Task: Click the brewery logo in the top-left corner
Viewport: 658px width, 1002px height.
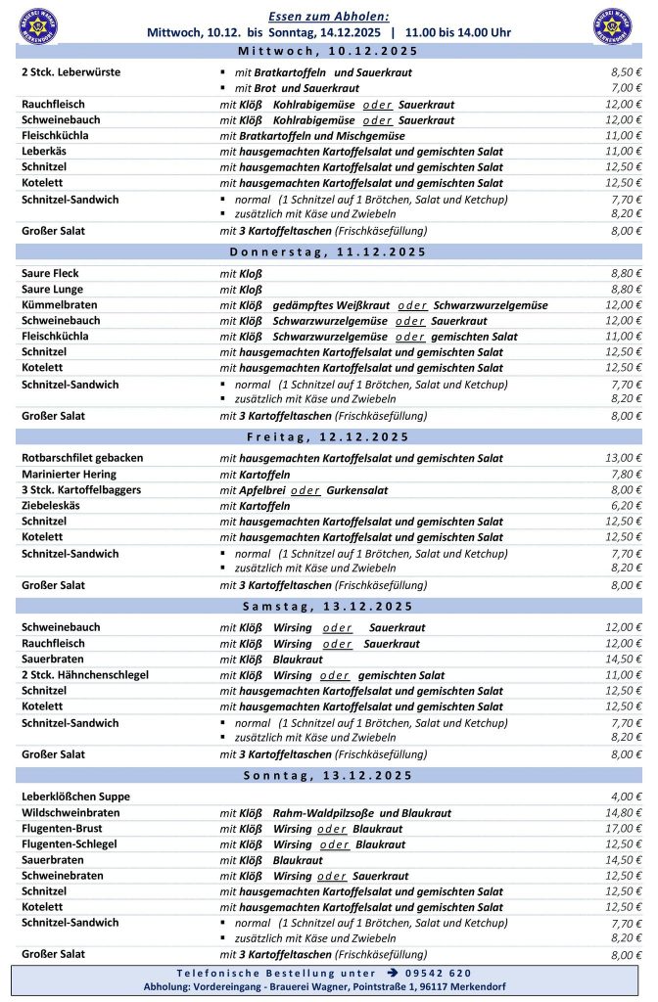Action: tap(38, 25)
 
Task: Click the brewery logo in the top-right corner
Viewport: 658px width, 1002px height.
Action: tap(613, 25)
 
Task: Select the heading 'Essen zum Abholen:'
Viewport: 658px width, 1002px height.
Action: tap(328, 16)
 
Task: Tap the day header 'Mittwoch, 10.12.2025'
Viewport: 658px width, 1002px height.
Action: tap(328, 51)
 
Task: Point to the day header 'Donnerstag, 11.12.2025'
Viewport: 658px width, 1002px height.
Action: tap(328, 251)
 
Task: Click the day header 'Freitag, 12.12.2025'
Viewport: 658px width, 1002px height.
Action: tap(328, 436)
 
